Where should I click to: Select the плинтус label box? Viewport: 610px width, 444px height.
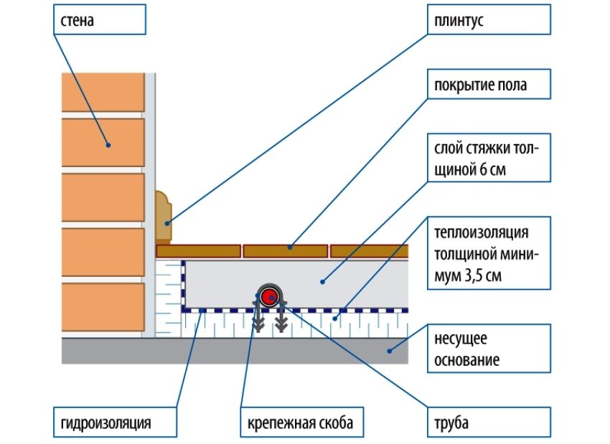[x=489, y=22]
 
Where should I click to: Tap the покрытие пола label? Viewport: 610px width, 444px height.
[x=489, y=85]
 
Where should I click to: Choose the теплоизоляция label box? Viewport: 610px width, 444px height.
[x=489, y=255]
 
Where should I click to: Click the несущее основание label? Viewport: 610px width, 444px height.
[x=489, y=349]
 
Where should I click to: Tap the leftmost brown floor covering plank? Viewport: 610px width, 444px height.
[x=198, y=250]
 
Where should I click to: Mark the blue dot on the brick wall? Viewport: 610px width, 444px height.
[x=108, y=144]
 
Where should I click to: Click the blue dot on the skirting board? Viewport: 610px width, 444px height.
[x=168, y=223]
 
